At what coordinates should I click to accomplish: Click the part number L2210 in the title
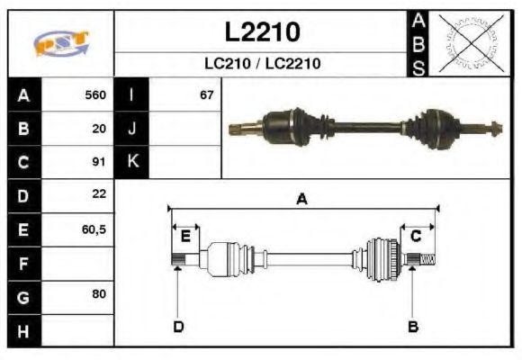[x=262, y=31]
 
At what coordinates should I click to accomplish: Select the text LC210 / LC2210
[x=262, y=64]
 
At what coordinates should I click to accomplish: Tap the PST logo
[x=61, y=42]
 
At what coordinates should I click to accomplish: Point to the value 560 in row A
[x=94, y=94]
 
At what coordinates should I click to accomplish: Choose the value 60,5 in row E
[x=94, y=229]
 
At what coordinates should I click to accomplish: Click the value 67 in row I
[x=206, y=94]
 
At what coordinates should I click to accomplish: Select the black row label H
[x=23, y=330]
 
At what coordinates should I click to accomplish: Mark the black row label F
[x=23, y=263]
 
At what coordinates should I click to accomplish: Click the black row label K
[x=131, y=162]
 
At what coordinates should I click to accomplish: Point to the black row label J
[x=131, y=128]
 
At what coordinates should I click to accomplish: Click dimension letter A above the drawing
[x=302, y=200]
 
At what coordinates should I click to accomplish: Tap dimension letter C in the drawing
[x=416, y=236]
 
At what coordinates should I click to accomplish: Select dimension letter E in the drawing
[x=185, y=236]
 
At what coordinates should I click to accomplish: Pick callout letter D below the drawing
[x=178, y=326]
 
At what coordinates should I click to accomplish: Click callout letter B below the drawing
[x=412, y=326]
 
